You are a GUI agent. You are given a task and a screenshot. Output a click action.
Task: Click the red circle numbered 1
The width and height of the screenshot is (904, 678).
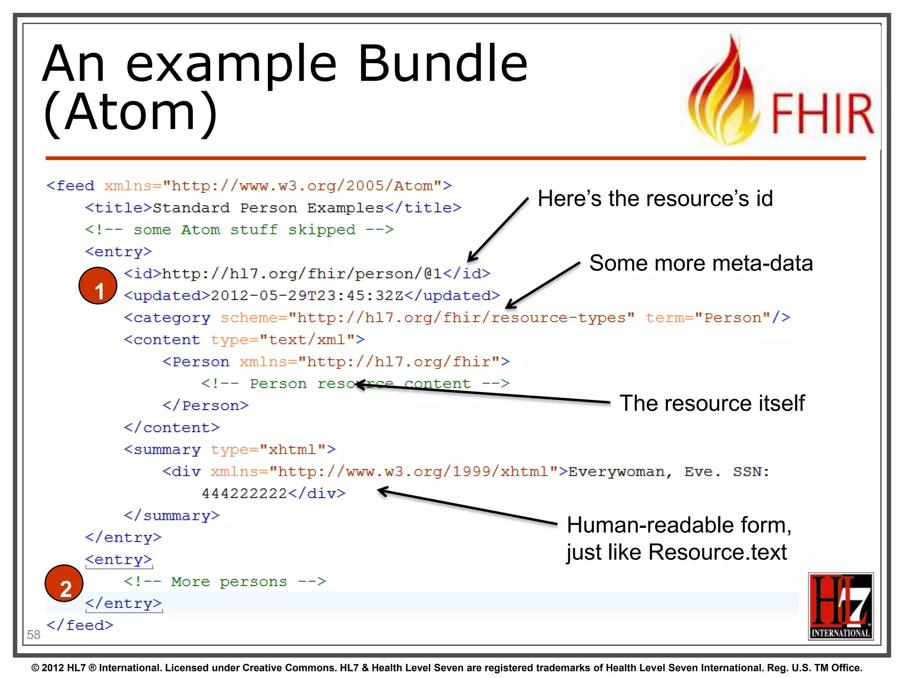tap(98, 286)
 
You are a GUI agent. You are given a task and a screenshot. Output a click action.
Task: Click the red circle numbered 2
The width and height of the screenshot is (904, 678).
tap(64, 584)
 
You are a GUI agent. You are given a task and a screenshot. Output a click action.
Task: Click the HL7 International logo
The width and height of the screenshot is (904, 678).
tap(840, 606)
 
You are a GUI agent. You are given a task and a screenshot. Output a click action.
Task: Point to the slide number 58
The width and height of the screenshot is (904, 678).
tap(34, 635)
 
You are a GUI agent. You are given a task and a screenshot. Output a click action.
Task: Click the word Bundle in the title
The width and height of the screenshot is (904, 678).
tap(442, 64)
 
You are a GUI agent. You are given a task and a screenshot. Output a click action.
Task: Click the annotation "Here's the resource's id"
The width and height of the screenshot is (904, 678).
tap(655, 199)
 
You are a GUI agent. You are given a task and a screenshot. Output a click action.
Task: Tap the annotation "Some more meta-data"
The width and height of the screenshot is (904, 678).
tap(701, 264)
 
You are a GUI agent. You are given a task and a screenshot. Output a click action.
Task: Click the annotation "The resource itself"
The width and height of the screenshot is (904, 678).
tap(712, 403)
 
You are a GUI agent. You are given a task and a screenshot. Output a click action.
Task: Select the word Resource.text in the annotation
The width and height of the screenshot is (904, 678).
tap(718, 552)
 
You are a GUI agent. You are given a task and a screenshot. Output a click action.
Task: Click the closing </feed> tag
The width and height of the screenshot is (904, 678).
tap(80, 625)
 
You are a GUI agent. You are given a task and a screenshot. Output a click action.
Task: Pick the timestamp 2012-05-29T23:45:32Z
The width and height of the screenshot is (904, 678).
tap(307, 295)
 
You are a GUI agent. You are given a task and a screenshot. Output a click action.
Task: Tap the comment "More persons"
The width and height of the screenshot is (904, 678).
tap(229, 582)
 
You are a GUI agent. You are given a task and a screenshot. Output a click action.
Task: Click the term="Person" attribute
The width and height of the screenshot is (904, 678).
tap(708, 318)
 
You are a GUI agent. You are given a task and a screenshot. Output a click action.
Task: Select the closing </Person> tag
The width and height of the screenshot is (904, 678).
tap(206, 406)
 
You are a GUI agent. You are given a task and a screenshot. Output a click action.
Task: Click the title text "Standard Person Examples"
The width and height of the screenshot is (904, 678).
tap(268, 208)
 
